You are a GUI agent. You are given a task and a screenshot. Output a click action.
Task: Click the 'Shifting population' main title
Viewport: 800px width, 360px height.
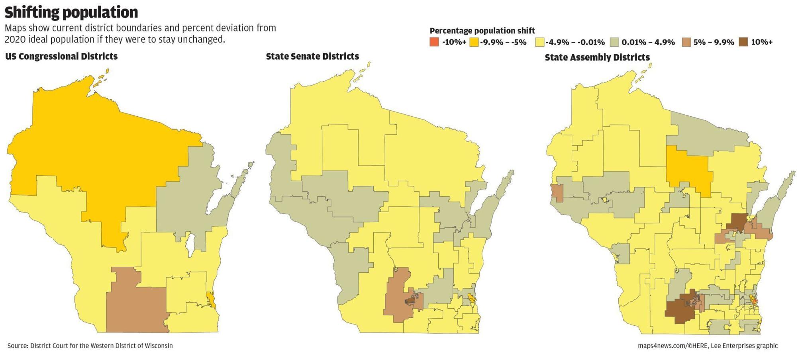pos(71,12)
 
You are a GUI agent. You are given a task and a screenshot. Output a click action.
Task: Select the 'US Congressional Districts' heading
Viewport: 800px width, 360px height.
pos(61,57)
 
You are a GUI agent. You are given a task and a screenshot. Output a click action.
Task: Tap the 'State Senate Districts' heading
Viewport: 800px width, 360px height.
pos(312,57)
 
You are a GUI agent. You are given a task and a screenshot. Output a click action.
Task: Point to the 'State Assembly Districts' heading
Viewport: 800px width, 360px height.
pos(597,57)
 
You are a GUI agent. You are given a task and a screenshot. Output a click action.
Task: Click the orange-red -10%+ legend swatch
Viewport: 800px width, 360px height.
pos(434,42)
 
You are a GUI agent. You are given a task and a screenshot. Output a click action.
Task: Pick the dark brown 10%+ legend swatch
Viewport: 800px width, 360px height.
pos(743,42)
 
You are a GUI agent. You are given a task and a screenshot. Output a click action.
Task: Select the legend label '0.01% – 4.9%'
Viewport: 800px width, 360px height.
pos(648,42)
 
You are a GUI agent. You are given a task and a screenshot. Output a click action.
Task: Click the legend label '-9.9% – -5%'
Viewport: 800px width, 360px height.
pos(504,42)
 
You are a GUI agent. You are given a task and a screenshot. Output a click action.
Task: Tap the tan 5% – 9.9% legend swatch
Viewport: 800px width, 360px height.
pos(686,42)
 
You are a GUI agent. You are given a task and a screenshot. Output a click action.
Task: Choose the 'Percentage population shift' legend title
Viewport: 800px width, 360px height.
pos(482,31)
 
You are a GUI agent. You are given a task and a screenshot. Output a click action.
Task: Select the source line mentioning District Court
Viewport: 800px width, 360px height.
pos(90,346)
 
